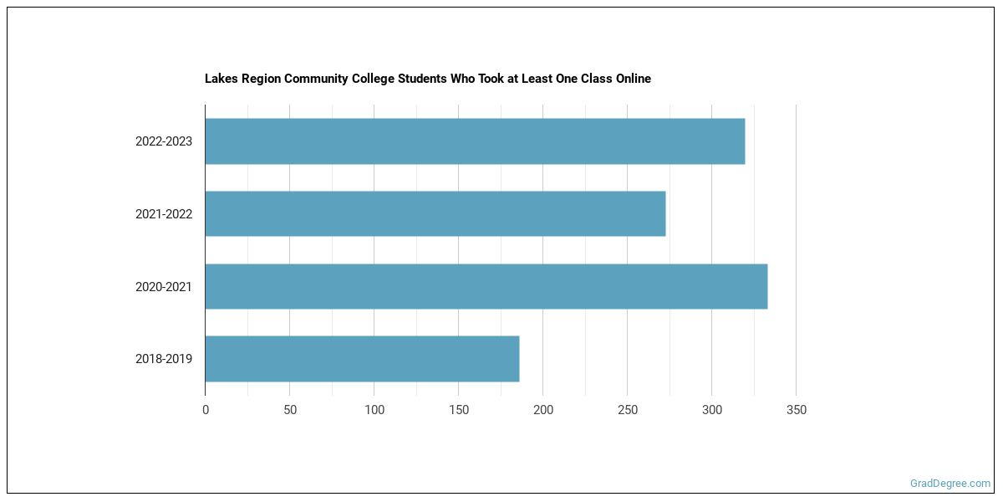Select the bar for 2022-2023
pyautogui.click(x=475, y=141)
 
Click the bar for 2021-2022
pyautogui.click(x=435, y=213)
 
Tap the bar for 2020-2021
pyautogui.click(x=486, y=286)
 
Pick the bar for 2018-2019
pyautogui.click(x=362, y=359)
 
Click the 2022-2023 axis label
pyautogui.click(x=164, y=141)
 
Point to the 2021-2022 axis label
pyautogui.click(x=164, y=214)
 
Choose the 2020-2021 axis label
pyautogui.click(x=164, y=287)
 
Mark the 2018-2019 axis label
pyautogui.click(x=164, y=359)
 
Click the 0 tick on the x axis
pyautogui.click(x=206, y=410)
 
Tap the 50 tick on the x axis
pyautogui.click(x=290, y=410)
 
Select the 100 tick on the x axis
pyautogui.click(x=374, y=410)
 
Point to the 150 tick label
pyautogui.click(x=459, y=410)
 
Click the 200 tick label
pyautogui.click(x=543, y=410)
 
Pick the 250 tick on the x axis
pyautogui.click(x=628, y=410)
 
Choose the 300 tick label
pyautogui.click(x=712, y=410)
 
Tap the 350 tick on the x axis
pyautogui.click(x=797, y=410)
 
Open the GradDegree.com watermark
pyautogui.click(x=950, y=484)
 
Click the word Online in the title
pyautogui.click(x=631, y=79)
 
